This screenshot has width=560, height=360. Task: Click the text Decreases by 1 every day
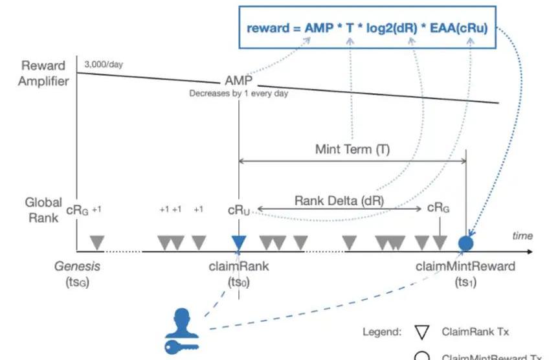coord(238,93)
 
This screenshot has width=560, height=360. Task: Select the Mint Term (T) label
coord(352,149)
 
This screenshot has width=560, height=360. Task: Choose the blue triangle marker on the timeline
coord(239,242)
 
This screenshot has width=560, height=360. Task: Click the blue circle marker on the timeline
coord(466,243)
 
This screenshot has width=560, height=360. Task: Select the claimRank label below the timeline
coord(239,266)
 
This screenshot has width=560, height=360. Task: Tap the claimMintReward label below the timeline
coord(466,266)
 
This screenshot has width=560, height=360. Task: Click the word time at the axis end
coord(523,236)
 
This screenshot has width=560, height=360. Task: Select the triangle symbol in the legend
coord(421,333)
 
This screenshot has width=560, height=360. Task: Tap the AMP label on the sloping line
coord(238,82)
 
